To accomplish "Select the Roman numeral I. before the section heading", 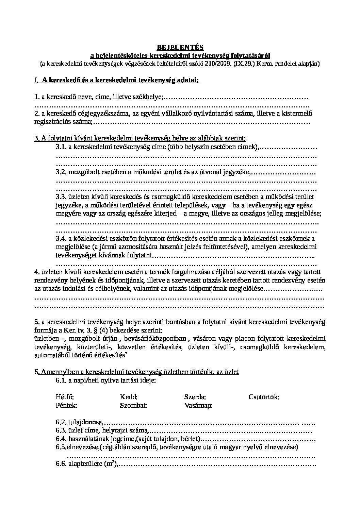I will pyautogui.click(x=36, y=80).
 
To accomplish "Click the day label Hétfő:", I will pyautogui.click(x=64, y=397).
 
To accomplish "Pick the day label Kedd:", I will pyautogui.click(x=129, y=397).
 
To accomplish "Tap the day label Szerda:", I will pyautogui.click(x=195, y=397).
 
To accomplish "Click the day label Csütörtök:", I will pyautogui.click(x=264, y=397).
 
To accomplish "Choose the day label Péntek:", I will pyautogui.click(x=66, y=405).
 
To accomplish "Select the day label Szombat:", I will pyautogui.click(x=133, y=405).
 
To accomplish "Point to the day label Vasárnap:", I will pyautogui.click(x=198, y=405).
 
